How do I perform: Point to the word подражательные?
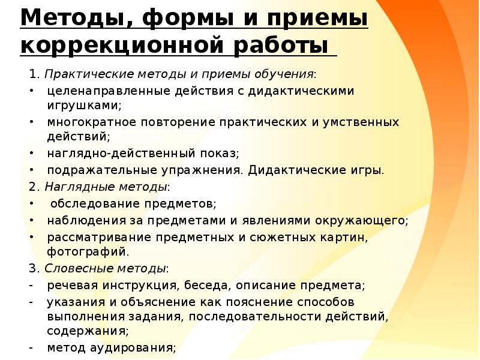(x=94, y=170)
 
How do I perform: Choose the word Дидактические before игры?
(x=290, y=170)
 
